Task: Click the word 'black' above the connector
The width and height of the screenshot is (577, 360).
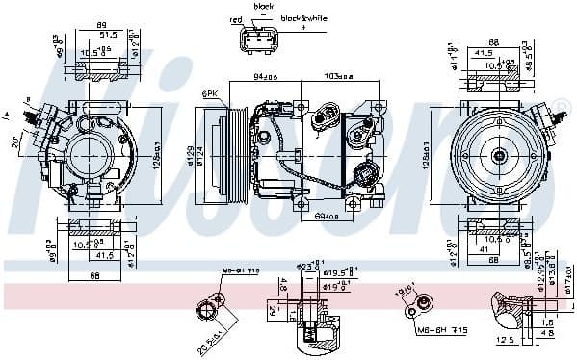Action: [x=263, y=6]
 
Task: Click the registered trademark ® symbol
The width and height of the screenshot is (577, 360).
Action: [x=565, y=104]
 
